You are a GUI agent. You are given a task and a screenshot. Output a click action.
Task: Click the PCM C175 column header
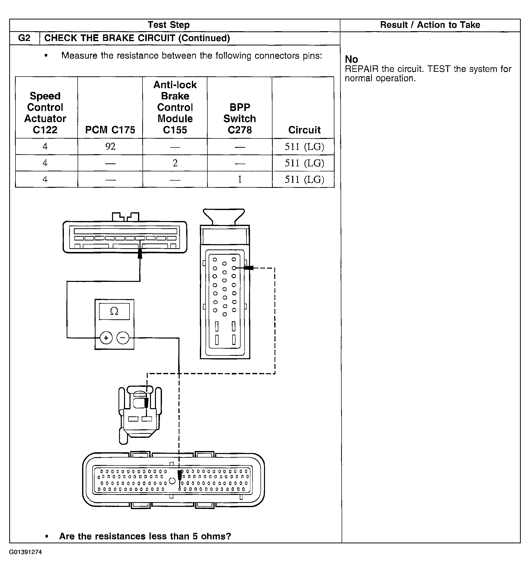[110, 130]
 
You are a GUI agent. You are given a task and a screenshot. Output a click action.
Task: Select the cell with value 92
[110, 146]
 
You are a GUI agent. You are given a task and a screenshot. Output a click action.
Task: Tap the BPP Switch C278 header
[240, 118]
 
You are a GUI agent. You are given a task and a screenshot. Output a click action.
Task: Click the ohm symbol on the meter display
[114, 311]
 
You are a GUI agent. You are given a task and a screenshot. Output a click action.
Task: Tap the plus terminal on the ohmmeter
[106, 338]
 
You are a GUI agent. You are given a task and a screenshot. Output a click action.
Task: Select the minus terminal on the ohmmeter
[123, 338]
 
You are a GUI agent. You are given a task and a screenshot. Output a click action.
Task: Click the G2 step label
[24, 38]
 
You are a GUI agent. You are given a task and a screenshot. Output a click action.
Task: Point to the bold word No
[351, 59]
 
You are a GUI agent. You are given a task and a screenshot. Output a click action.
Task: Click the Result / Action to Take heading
[430, 25]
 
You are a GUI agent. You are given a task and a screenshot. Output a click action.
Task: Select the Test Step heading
[169, 25]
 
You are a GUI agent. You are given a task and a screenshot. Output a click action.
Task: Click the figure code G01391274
[25, 552]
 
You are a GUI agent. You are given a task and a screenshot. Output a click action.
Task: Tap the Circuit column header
[304, 130]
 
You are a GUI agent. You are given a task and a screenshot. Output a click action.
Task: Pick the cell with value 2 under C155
[175, 163]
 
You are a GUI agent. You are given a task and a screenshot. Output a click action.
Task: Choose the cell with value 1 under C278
[240, 179]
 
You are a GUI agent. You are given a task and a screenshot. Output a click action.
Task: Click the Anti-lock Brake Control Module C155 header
[175, 107]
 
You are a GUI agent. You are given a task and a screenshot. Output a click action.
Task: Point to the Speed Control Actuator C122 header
[45, 113]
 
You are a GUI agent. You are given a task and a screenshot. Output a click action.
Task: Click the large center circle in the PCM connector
[172, 481]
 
